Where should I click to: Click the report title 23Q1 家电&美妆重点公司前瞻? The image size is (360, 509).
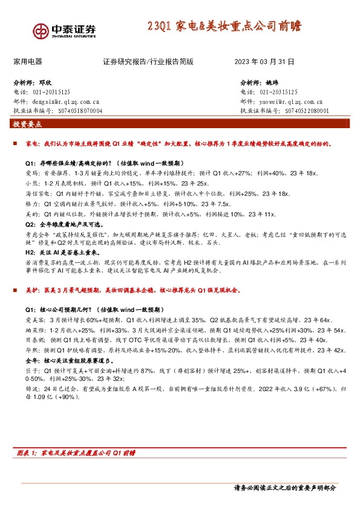[x=224, y=27]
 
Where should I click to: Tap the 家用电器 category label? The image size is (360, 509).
[x=28, y=62]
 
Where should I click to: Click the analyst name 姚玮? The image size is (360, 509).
[x=275, y=83]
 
